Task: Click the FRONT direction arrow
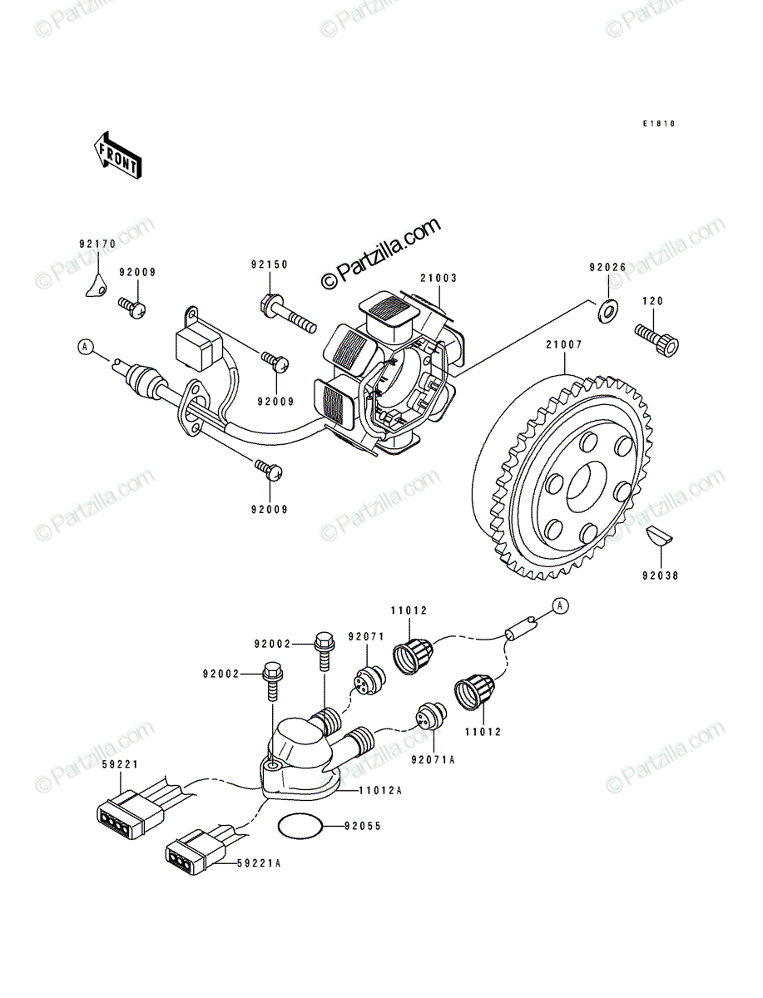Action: point(117,156)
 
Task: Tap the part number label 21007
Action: point(564,345)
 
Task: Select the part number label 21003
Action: point(438,278)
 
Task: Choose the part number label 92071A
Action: point(433,760)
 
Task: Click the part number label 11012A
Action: point(380,791)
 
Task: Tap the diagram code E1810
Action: point(659,124)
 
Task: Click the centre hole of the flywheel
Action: point(587,487)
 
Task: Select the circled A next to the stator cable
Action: point(84,347)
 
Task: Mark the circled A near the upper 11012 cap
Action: point(561,605)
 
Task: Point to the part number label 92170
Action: point(97,244)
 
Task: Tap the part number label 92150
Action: point(270,264)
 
